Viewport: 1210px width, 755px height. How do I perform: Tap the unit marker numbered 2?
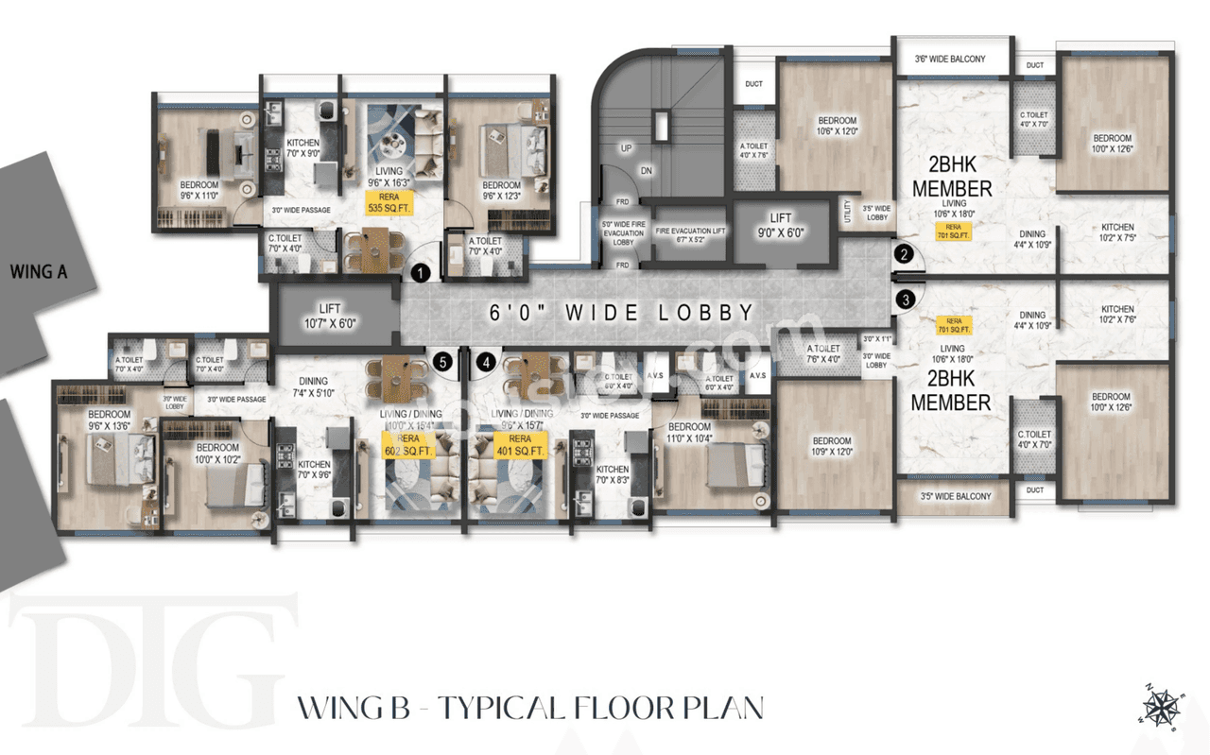(x=905, y=253)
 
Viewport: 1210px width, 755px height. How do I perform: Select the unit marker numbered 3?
(x=906, y=300)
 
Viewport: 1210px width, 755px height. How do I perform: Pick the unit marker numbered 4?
(x=486, y=361)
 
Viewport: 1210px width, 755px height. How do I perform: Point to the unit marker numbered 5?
(x=441, y=361)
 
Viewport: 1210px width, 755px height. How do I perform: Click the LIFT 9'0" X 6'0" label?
(x=780, y=225)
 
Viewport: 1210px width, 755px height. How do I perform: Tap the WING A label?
(x=38, y=272)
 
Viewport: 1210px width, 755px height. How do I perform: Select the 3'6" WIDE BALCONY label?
(x=950, y=60)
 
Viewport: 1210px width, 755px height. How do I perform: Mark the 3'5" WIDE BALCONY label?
(x=955, y=496)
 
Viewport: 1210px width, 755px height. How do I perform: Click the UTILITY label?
(x=847, y=211)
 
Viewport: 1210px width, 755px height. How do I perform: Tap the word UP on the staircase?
(x=626, y=148)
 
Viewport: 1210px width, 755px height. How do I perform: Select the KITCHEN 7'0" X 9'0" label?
(x=302, y=147)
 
